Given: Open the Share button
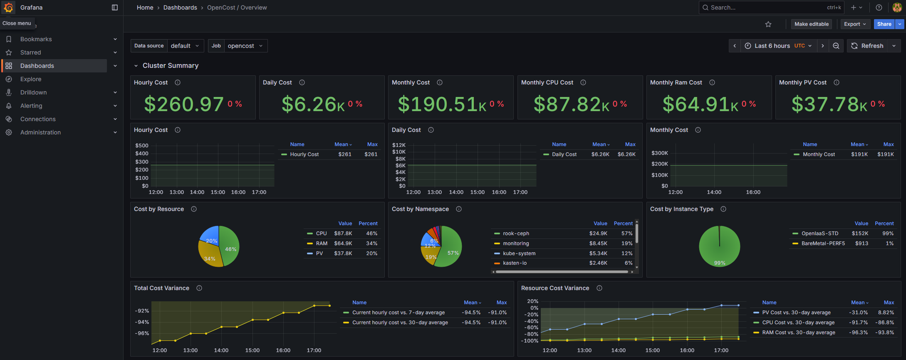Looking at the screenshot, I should tap(884, 24).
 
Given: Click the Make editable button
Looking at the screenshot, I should tap(811, 24).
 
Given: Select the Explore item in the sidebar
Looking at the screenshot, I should tap(31, 79).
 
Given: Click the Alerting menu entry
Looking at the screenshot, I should tap(31, 106).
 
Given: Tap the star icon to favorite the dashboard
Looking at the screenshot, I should tap(768, 24).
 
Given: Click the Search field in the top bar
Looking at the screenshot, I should tap(765, 7).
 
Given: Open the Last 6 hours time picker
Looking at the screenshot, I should tap(778, 46).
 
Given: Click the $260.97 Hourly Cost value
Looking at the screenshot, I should tap(184, 104).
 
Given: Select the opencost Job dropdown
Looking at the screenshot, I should tap(245, 46).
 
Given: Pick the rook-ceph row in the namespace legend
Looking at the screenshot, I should tap(516, 233).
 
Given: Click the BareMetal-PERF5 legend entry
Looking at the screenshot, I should tap(823, 243).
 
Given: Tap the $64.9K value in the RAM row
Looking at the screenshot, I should tap(343, 243).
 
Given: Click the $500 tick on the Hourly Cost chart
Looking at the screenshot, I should tap(141, 146).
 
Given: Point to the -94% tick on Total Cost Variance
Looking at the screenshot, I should tap(142, 322).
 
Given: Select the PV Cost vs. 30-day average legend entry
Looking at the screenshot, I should tap(796, 313).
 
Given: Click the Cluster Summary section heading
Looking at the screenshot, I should tap(171, 66).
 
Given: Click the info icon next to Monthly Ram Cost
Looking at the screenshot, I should tap(712, 82).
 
